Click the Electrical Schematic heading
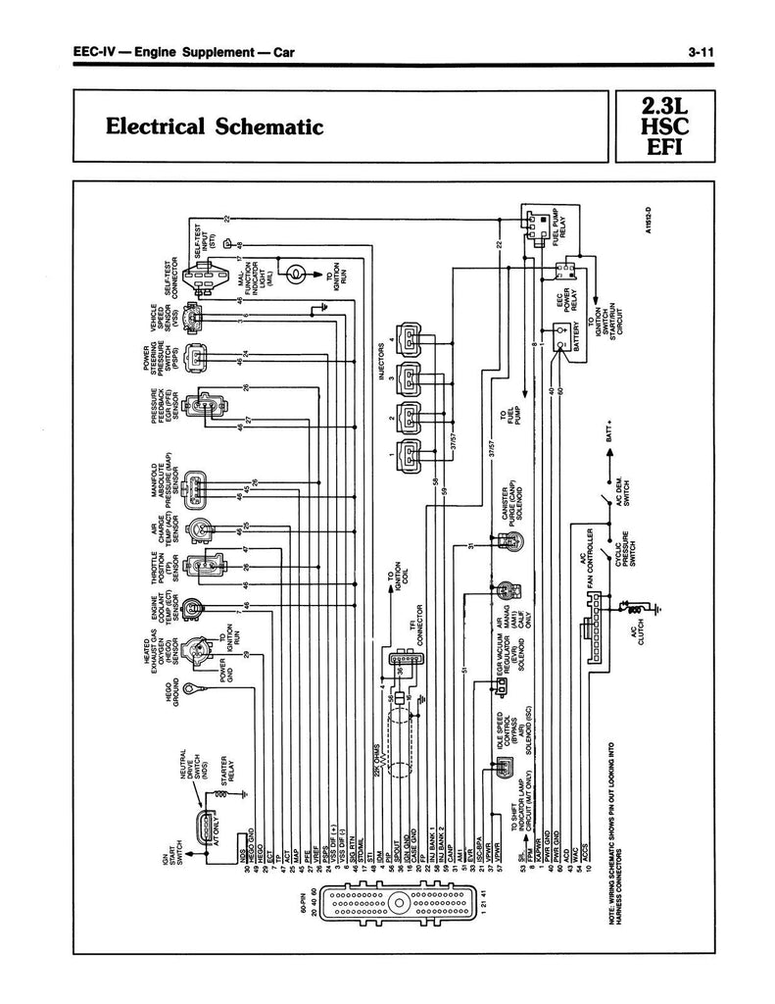[214, 126]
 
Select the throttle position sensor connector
[202, 568]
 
